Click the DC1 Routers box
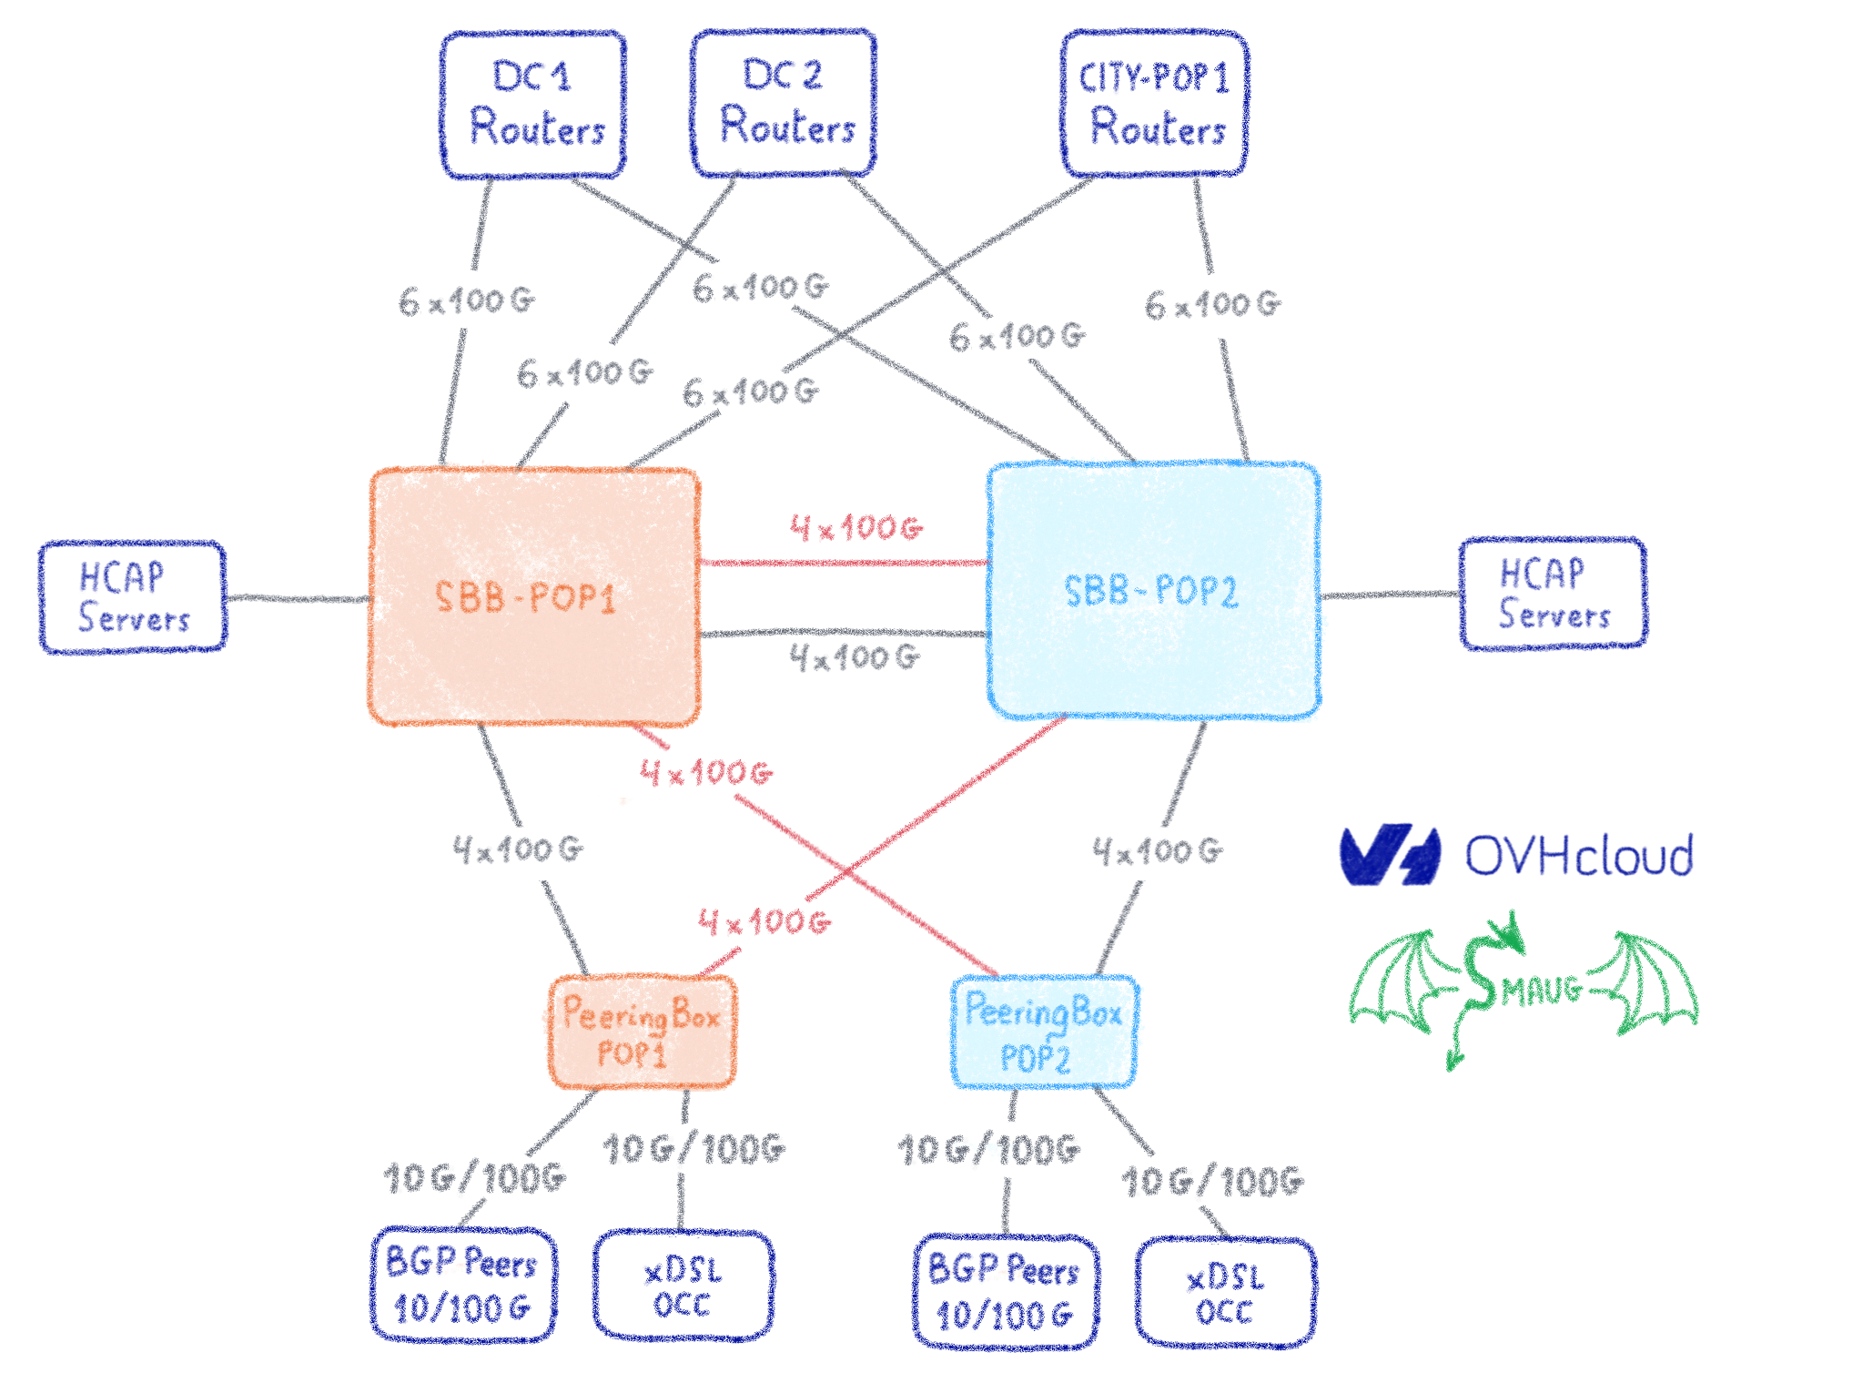coord(533,105)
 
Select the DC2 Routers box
coord(784,103)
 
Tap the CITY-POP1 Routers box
coord(1154,103)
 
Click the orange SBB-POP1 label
coord(526,598)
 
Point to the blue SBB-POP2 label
coord(1151,592)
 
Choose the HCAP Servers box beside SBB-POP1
coord(133,597)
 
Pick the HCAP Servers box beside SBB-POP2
coord(1554,594)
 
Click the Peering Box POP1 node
coord(642,1032)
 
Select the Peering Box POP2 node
coord(1044,1032)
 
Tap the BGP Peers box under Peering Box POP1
coord(463,1285)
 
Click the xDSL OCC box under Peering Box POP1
coord(683,1286)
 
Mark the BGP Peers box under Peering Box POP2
coord(1006,1291)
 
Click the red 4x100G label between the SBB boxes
coord(856,528)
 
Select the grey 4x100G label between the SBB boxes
coord(855,657)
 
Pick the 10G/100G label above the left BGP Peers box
coord(475,1178)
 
